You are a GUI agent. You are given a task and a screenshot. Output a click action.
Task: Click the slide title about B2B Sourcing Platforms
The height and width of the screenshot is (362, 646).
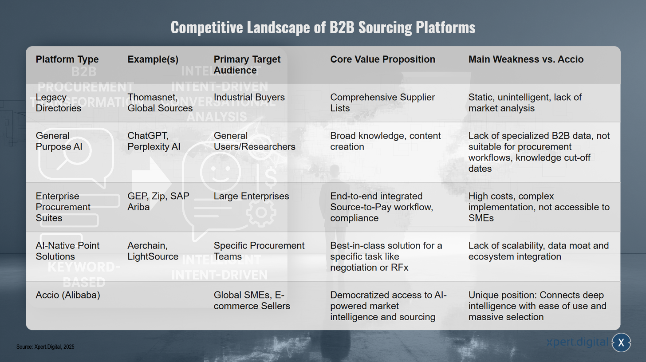[323, 28]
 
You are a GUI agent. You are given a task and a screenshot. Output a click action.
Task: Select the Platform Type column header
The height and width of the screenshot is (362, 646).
[67, 59]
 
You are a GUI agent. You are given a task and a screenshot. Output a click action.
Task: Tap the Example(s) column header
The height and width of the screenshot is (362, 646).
[153, 59]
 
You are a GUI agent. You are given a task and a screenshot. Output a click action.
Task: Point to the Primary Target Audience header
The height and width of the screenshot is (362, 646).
[247, 65]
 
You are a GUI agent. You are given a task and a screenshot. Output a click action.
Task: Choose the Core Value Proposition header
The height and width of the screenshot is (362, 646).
[382, 59]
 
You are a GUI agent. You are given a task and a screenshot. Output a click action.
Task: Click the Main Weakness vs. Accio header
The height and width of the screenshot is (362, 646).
[526, 59]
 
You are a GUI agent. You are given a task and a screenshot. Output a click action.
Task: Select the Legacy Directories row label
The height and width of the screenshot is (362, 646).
[59, 102]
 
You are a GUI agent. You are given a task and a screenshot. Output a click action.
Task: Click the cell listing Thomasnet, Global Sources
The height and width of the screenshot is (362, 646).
[160, 102]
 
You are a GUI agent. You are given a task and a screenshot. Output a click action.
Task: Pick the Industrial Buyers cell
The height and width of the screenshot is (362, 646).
[249, 98]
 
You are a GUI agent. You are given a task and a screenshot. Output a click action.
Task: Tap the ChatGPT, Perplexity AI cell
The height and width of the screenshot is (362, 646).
[154, 141]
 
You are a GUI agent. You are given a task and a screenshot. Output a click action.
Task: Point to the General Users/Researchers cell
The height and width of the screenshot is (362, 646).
[254, 141]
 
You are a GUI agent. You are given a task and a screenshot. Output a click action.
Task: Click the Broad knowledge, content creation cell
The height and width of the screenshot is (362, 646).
[385, 141]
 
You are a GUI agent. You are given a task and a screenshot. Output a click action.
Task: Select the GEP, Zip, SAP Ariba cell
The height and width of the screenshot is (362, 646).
[158, 201]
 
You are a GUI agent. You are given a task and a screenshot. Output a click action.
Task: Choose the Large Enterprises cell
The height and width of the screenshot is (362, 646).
[251, 196]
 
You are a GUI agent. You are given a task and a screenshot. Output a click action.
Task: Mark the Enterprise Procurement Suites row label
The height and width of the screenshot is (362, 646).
[63, 207]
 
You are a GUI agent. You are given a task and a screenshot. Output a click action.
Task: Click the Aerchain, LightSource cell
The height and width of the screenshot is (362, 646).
[153, 251]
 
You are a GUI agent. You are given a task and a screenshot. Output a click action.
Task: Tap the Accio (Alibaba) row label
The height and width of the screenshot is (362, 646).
[68, 295]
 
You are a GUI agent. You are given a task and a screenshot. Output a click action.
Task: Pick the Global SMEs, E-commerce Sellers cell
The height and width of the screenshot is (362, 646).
[252, 300]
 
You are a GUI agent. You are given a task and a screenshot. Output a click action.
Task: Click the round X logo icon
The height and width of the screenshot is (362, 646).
[621, 342]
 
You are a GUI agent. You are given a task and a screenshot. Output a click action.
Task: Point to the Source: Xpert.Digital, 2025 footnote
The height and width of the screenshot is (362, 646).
[45, 347]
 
